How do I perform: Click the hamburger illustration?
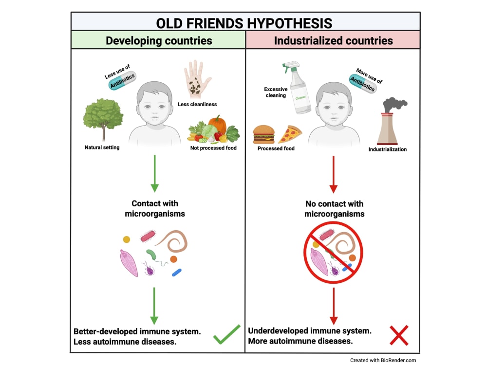point(263,134)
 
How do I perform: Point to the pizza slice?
point(290,134)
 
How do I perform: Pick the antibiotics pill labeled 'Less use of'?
point(122,80)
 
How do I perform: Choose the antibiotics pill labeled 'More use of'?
point(362,83)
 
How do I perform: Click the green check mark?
point(227,335)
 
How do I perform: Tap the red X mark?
point(399,335)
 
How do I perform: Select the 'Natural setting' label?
point(102,147)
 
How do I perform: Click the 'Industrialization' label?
point(387,149)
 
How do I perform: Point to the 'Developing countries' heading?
point(159,41)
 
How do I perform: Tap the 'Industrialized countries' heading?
point(333,41)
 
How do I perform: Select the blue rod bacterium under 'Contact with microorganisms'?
point(177,273)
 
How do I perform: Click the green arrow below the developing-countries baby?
point(155,174)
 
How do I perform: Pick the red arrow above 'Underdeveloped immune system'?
point(334,306)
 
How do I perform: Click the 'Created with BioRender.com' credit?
point(383,360)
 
